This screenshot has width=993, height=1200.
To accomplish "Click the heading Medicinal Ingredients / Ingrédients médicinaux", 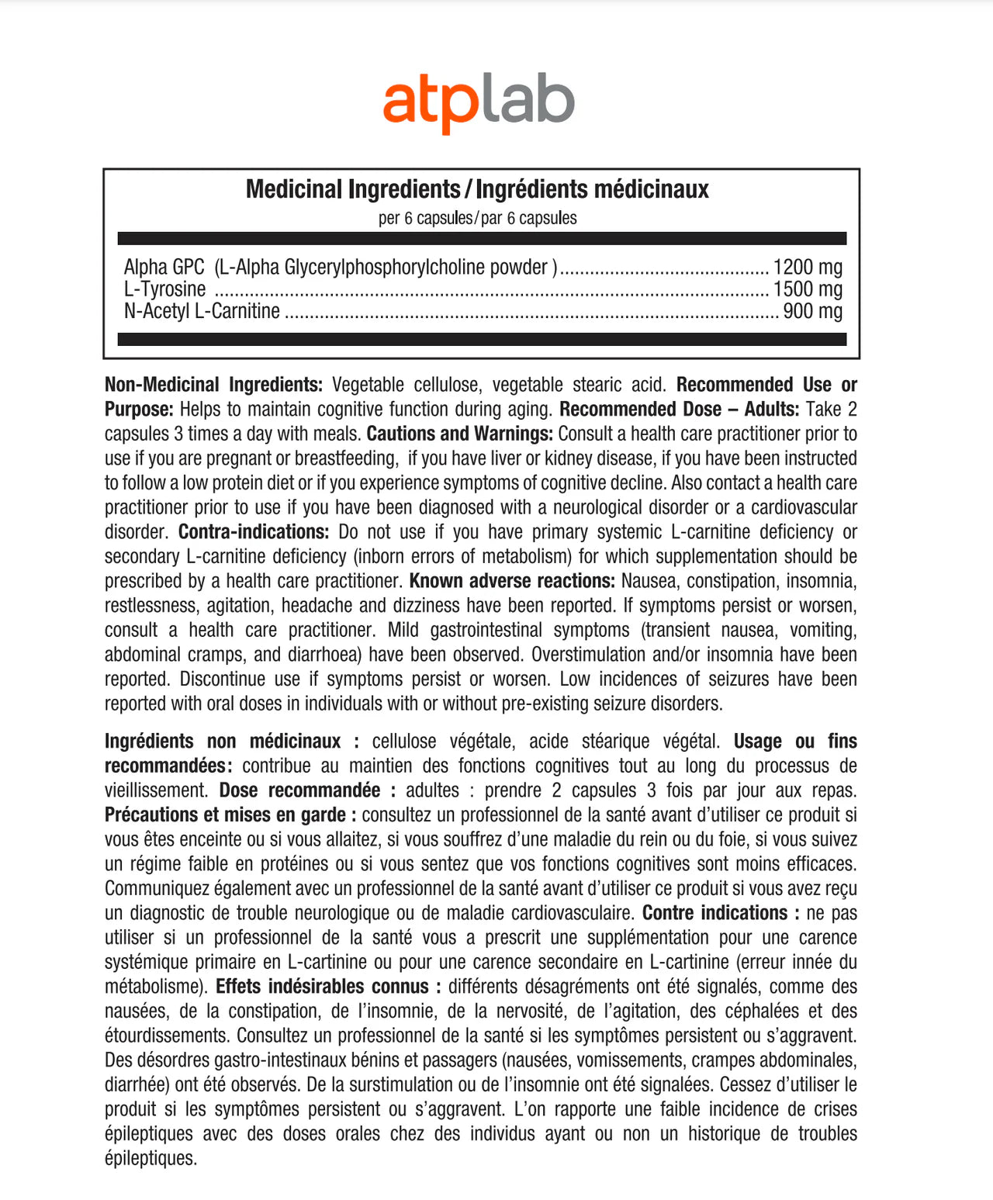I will (x=477, y=189).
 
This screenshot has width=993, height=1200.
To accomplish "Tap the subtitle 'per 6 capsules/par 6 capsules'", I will (x=477, y=218).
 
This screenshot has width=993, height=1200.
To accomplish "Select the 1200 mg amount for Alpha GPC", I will (x=808, y=267).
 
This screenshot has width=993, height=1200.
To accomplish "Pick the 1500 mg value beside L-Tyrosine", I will (x=808, y=289).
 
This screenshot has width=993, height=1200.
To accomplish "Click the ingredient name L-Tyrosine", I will (x=165, y=289).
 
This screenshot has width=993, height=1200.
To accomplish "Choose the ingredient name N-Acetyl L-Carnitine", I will (x=202, y=311).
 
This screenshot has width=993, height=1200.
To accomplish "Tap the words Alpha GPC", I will (x=164, y=267).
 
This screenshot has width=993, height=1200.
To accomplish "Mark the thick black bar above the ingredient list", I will (x=481, y=239).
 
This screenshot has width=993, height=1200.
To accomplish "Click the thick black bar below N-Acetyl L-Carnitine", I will (x=481, y=339).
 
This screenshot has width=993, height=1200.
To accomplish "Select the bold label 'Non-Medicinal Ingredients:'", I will (x=213, y=385).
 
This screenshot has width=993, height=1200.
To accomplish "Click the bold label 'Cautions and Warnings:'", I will (x=459, y=434).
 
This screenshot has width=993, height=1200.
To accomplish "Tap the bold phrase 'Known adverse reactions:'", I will (x=512, y=581).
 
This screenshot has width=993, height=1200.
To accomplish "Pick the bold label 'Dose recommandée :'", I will (x=308, y=790).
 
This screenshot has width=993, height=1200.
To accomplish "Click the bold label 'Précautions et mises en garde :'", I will (x=230, y=815).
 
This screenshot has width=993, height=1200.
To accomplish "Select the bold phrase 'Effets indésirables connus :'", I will (x=328, y=987).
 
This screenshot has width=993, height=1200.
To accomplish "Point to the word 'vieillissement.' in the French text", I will (x=156, y=790).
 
